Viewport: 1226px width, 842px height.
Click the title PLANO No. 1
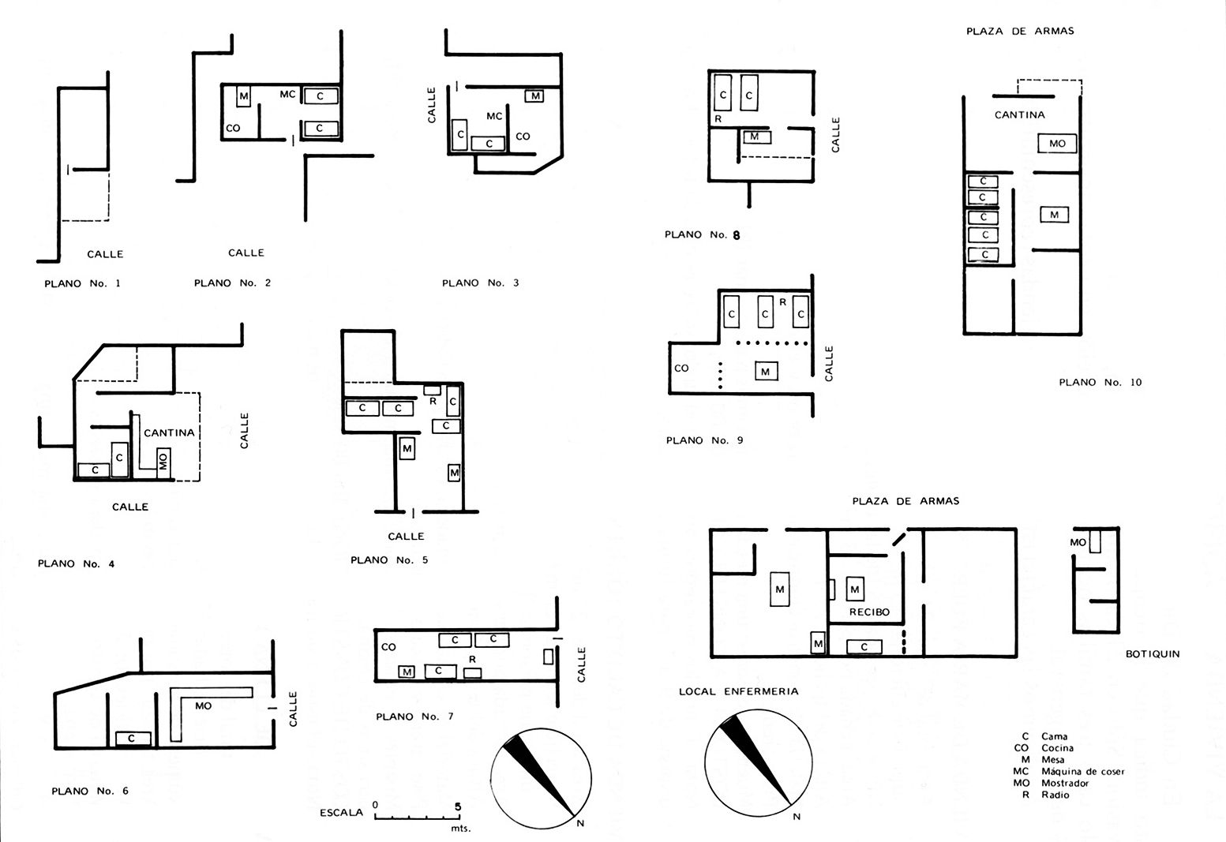[83, 283]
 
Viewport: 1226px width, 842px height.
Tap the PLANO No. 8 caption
[703, 234]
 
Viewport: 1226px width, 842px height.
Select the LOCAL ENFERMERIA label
[739, 691]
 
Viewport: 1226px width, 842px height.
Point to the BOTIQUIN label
[1153, 654]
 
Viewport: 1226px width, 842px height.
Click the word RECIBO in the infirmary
[870, 612]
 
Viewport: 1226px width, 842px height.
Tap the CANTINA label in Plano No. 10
[1020, 115]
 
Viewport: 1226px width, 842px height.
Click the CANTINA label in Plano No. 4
[169, 432]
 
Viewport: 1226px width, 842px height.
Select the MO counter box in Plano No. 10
[1057, 144]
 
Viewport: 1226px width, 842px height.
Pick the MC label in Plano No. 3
[494, 116]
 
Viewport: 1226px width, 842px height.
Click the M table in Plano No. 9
[766, 372]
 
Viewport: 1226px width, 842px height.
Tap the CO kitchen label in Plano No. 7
[388, 646]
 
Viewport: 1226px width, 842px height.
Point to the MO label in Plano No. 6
[203, 706]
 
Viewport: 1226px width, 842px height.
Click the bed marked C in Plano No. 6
[133, 739]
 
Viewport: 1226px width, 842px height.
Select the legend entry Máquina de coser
[1083, 772]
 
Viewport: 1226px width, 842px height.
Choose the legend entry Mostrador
[1065, 783]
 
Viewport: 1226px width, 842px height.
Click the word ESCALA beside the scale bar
[341, 813]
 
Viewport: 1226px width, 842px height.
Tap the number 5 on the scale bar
[458, 806]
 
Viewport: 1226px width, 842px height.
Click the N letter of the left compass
[581, 823]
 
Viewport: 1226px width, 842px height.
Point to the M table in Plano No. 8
[755, 137]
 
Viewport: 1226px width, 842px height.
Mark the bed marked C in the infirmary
[864, 646]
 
